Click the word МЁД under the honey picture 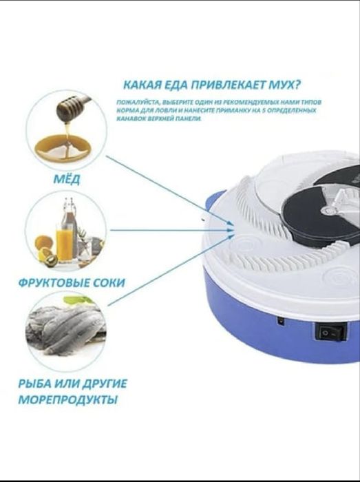66,180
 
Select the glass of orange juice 64,244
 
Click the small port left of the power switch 281,320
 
